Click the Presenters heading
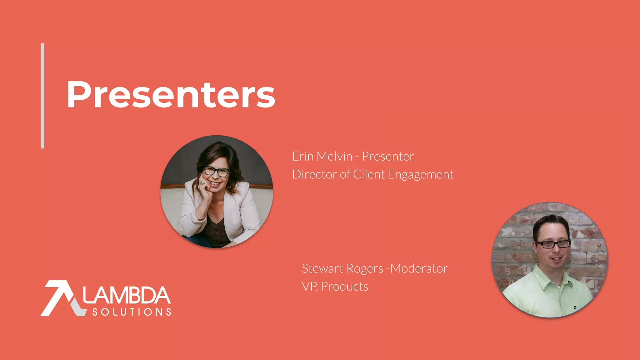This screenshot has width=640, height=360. pos(171,94)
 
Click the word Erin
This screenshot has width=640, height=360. pos(302,156)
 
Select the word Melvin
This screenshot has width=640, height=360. pos(334,156)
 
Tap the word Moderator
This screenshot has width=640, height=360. pos(419,268)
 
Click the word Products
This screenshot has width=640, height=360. pos(345,287)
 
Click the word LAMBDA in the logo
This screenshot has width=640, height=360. pos(127,295)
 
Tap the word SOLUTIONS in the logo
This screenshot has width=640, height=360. pos(132,312)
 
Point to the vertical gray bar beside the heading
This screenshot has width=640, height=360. pos(42,95)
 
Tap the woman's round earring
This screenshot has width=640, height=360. pos(229,184)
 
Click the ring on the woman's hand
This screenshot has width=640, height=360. pos(202,182)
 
